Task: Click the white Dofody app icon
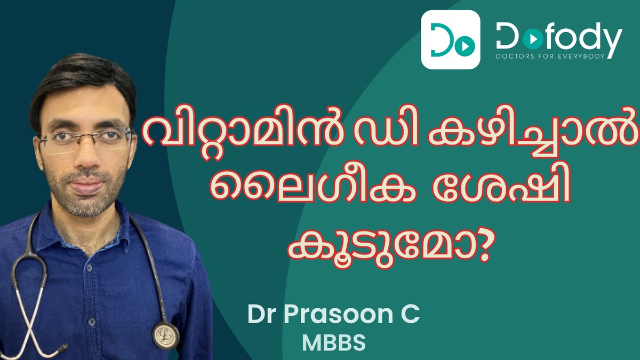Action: point(450,39)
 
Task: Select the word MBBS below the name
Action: point(334,343)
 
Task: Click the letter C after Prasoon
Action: point(412,315)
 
